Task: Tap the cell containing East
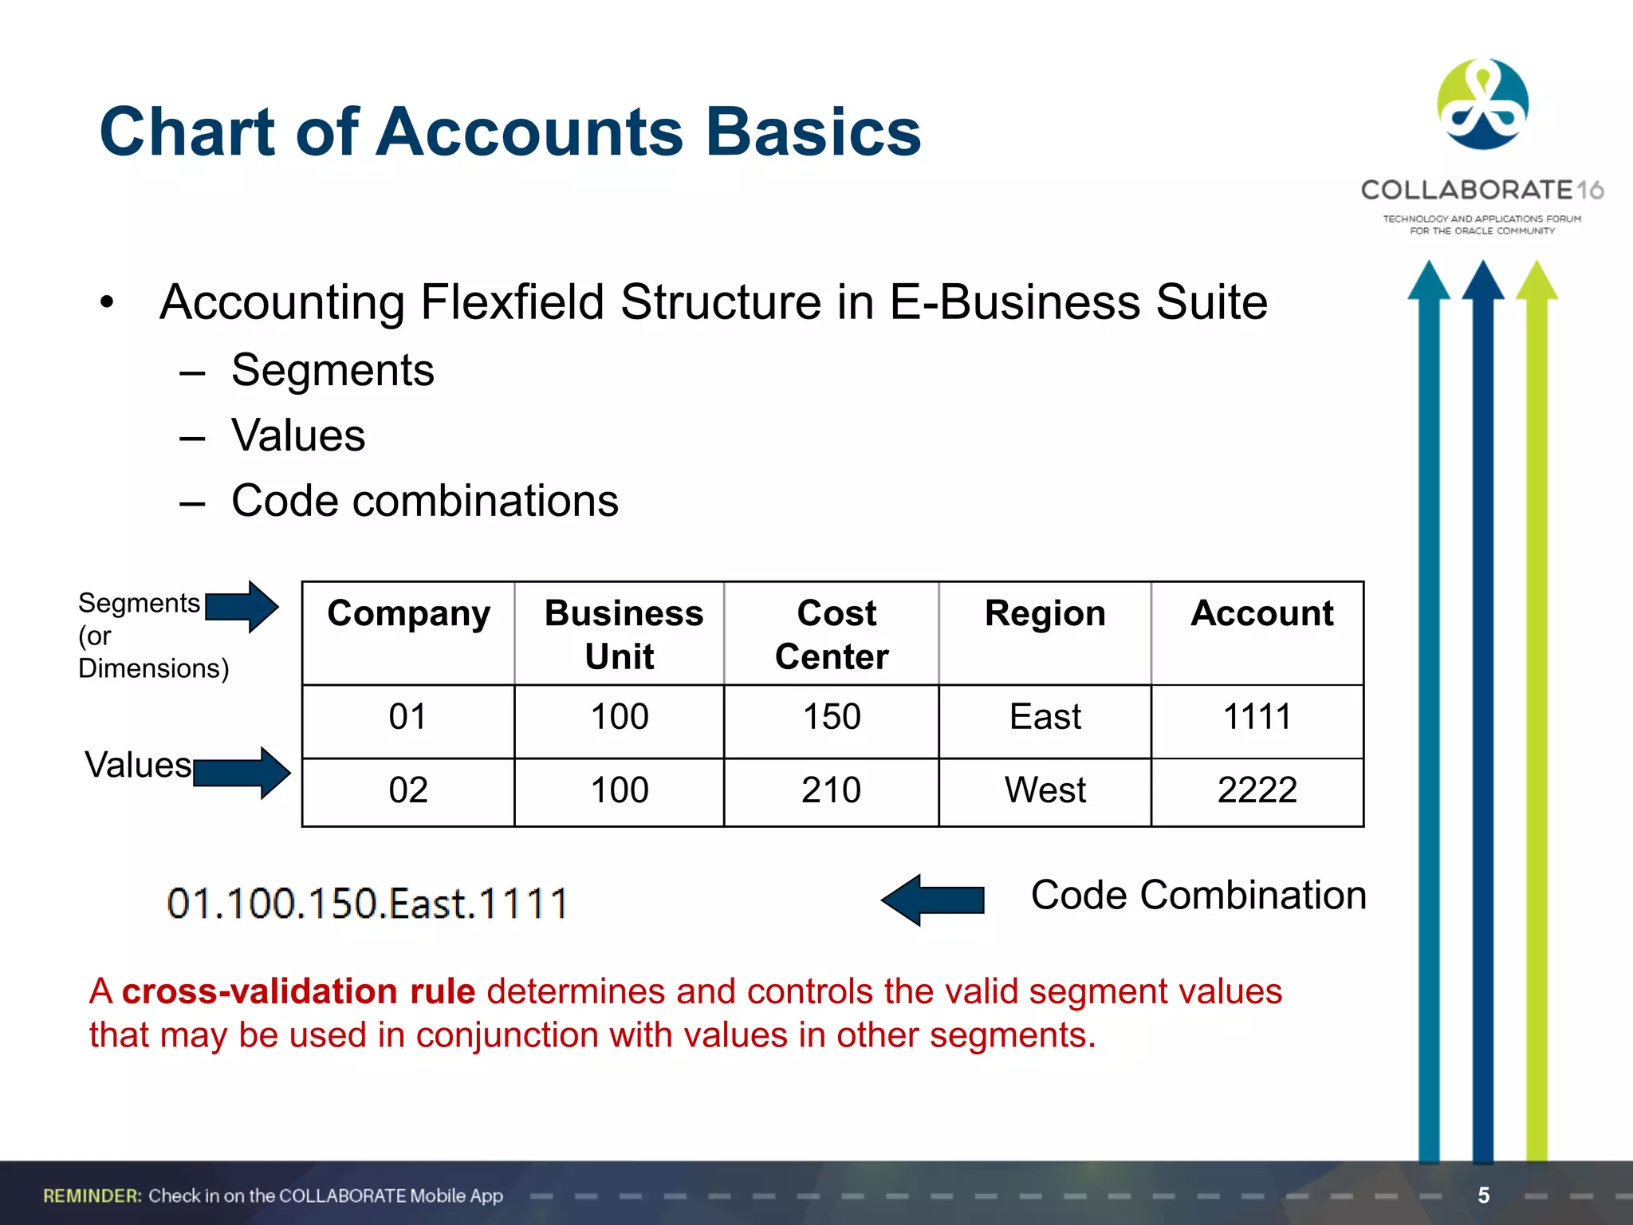(1045, 717)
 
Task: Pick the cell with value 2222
(1257, 790)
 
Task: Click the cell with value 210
(831, 790)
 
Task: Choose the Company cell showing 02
(408, 790)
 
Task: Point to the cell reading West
(1045, 790)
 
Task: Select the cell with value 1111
(1257, 717)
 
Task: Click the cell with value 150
(831, 717)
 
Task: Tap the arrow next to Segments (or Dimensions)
(242, 607)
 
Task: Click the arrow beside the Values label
(242, 772)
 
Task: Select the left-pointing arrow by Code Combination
(932, 900)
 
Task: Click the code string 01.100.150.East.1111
(367, 904)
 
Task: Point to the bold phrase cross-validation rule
(298, 991)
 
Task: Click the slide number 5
(1483, 1195)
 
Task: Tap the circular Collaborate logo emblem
(1482, 104)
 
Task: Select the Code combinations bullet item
(424, 501)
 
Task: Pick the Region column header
(1045, 614)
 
